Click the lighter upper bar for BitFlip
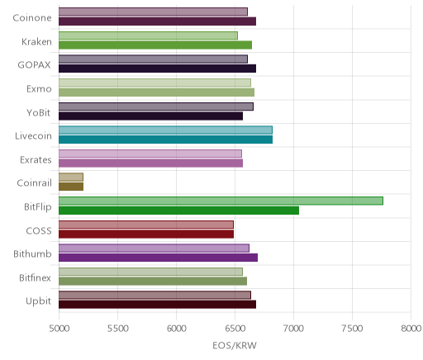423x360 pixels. click(x=221, y=201)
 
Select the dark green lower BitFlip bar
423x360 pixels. click(x=178, y=211)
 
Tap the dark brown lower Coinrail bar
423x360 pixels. click(x=71, y=187)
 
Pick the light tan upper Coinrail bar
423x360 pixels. click(x=71, y=178)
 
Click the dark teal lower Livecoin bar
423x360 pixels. click(x=165, y=140)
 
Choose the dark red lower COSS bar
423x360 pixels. click(x=146, y=234)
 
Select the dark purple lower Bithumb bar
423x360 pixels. click(x=158, y=258)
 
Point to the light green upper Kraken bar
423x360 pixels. click(x=148, y=36)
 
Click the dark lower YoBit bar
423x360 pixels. click(x=150, y=116)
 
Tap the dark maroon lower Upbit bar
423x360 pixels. click(x=157, y=305)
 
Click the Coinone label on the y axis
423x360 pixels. click(x=32, y=18)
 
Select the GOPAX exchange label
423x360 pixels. click(x=34, y=65)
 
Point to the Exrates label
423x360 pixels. click(x=36, y=160)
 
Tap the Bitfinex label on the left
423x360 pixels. click(x=35, y=277)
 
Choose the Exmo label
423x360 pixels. click(x=39, y=89)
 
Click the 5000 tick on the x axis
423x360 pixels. click(x=59, y=329)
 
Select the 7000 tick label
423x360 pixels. click(x=294, y=329)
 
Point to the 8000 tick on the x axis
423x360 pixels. click(x=411, y=329)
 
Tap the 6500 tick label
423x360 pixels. click(x=235, y=329)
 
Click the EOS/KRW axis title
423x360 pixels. click(x=235, y=345)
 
